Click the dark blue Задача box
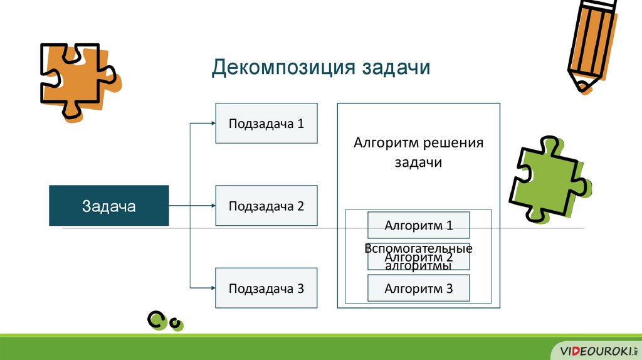pyautogui.click(x=108, y=206)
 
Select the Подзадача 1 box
pyautogui.click(x=266, y=123)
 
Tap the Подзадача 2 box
pyautogui.click(x=266, y=206)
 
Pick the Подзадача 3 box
pyautogui.click(x=266, y=288)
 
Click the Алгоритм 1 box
pyautogui.click(x=418, y=225)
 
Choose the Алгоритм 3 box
pyautogui.click(x=418, y=289)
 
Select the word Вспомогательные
pyautogui.click(x=418, y=248)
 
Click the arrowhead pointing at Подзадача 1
pyautogui.click(x=213, y=124)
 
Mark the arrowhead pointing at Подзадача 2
pyautogui.click(x=213, y=206)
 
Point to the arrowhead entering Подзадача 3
pyautogui.click(x=213, y=289)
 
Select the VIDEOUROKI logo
pyautogui.click(x=594, y=349)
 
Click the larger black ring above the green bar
pyautogui.click(x=155, y=320)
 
